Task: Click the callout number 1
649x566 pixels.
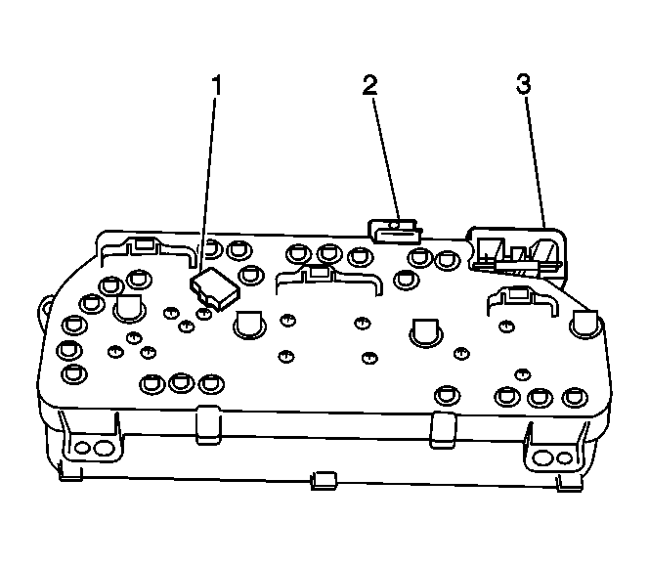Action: pyautogui.click(x=216, y=85)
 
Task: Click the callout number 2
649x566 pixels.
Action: pyautogui.click(x=370, y=84)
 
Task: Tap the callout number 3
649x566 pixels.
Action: pyautogui.click(x=524, y=83)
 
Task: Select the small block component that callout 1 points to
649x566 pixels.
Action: pyautogui.click(x=215, y=288)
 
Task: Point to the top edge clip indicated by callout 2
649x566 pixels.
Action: pyautogui.click(x=395, y=232)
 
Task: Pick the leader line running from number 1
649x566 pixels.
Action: pyautogui.click(x=207, y=183)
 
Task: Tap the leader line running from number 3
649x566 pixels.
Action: pyautogui.click(x=536, y=161)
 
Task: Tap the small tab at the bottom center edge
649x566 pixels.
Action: pyautogui.click(x=324, y=480)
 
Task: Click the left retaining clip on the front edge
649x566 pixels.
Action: pyautogui.click(x=208, y=425)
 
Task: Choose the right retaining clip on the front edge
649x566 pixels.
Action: pyautogui.click(x=443, y=430)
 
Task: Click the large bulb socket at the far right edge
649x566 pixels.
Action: pyautogui.click(x=584, y=325)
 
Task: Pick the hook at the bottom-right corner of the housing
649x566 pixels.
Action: pyautogui.click(x=570, y=483)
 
